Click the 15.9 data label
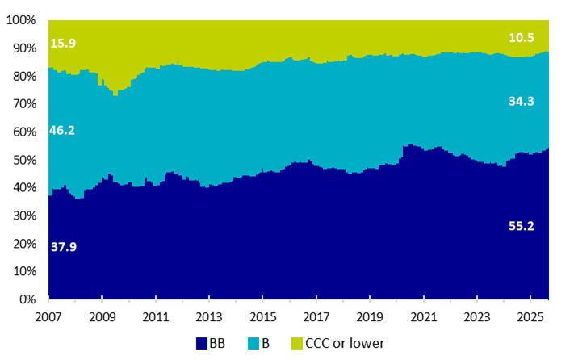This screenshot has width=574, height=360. tap(63, 43)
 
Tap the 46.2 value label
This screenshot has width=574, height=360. tap(62, 130)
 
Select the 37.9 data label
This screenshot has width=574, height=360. tap(64, 247)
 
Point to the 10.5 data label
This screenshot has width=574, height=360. tap(522, 38)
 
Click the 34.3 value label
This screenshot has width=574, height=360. tap(522, 102)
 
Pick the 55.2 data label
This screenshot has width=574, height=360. tap(522, 226)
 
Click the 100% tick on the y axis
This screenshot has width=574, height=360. tap(21, 20)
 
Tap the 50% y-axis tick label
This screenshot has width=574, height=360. tap(24, 160)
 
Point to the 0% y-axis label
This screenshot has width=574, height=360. tap(27, 299)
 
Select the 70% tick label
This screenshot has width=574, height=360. tap(24, 104)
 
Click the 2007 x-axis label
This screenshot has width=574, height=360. tap(48, 317)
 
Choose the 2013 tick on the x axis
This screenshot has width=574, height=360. tap(209, 317)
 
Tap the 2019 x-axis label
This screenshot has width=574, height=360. tap(370, 317)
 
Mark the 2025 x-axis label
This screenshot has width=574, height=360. tap(530, 317)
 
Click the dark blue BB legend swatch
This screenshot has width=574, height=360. tap(202, 344)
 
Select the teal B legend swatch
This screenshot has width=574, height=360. tap(253, 344)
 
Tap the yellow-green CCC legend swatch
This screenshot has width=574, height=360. tap(297, 344)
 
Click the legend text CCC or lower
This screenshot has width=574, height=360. tap(345, 344)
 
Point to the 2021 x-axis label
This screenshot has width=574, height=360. tap(424, 317)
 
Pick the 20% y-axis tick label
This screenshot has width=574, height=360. tap(24, 244)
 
